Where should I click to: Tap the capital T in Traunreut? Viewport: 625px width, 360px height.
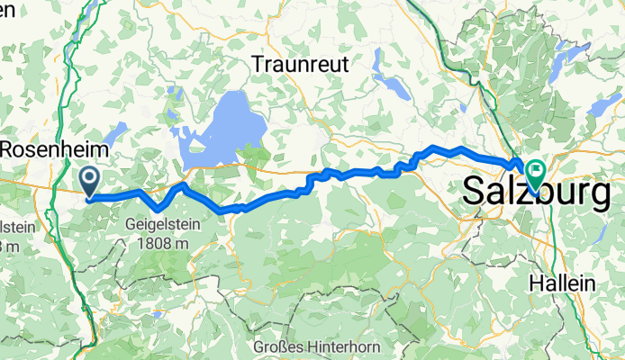[x=258, y=65]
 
